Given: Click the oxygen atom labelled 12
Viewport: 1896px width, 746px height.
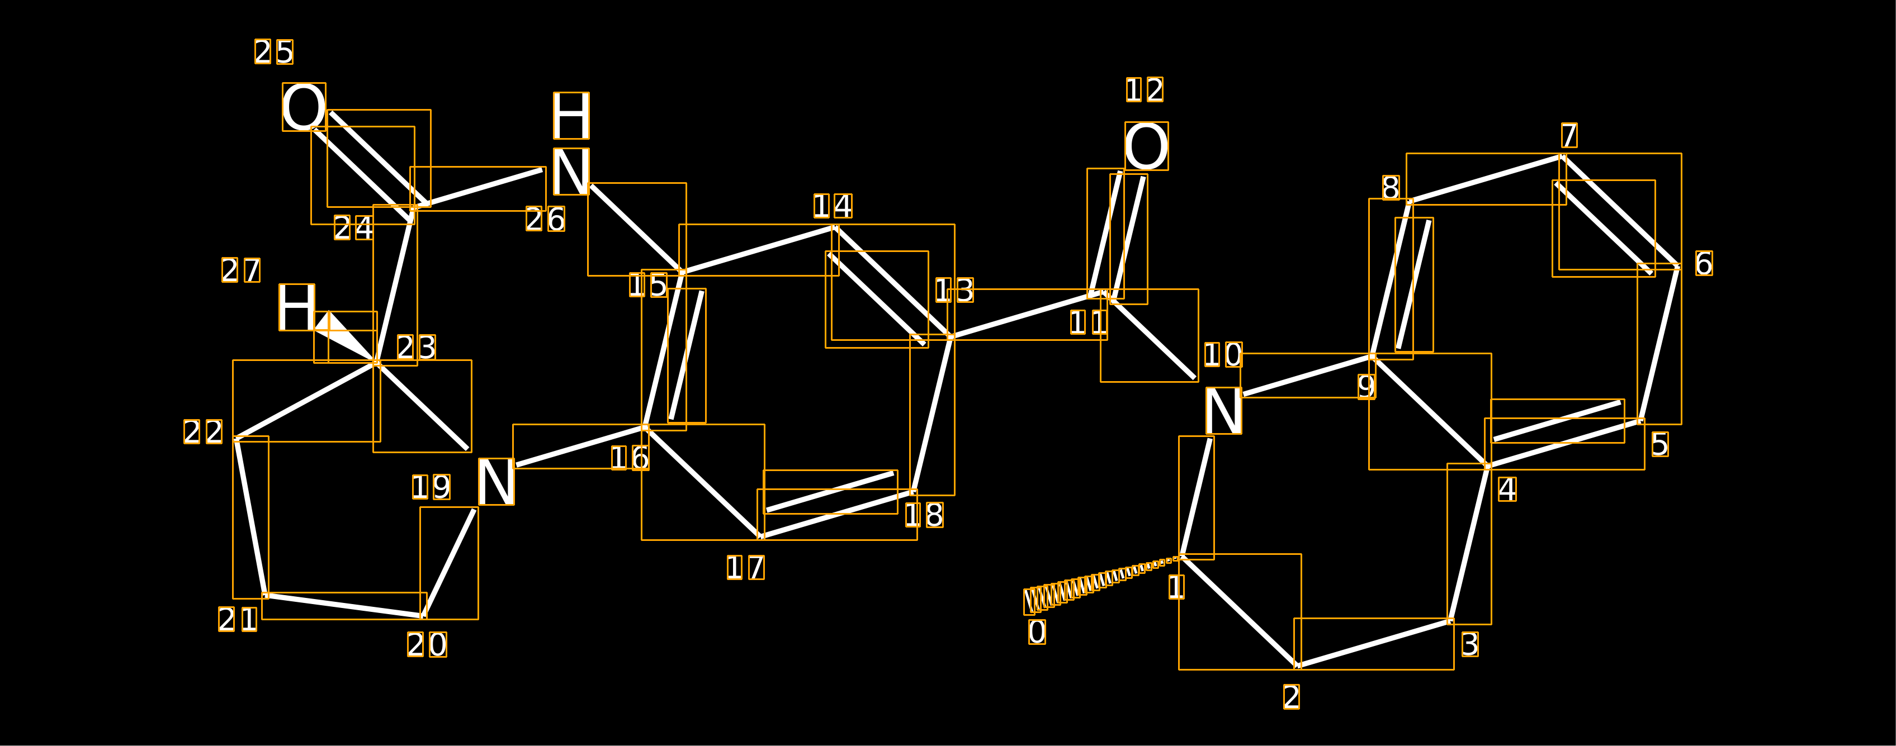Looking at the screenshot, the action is pyautogui.click(x=1146, y=146).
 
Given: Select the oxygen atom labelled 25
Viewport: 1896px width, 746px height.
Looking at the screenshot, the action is pyautogui.click(x=304, y=107).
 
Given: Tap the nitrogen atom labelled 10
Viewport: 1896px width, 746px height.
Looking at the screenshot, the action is pyautogui.click(x=1223, y=411).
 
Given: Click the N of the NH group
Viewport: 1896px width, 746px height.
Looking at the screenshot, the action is pyautogui.click(x=571, y=172).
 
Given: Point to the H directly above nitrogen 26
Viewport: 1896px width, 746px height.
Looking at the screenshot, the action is pyautogui.click(x=571, y=116).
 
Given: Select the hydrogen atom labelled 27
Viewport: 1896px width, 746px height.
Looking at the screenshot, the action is pyautogui.click(x=297, y=307).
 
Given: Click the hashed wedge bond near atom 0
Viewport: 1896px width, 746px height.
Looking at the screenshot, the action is pyautogui.click(x=1103, y=586).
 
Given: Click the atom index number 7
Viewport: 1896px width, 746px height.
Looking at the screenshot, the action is pyautogui.click(x=1569, y=135).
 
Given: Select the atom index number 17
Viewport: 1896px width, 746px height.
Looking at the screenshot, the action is pyautogui.click(x=745, y=567).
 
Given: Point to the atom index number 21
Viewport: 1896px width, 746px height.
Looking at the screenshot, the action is pyautogui.click(x=238, y=620).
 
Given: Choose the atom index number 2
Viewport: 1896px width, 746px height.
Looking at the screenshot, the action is pyautogui.click(x=1291, y=697).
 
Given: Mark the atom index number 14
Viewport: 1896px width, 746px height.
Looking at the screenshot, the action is pyautogui.click(x=833, y=206).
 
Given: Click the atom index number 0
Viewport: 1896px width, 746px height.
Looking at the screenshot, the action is pyautogui.click(x=1037, y=632).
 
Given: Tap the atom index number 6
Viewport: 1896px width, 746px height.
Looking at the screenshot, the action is pyautogui.click(x=1704, y=263).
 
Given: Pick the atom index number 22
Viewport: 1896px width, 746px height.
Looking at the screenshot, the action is pyautogui.click(x=203, y=432).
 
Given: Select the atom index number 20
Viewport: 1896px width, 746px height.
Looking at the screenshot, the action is pyautogui.click(x=428, y=644).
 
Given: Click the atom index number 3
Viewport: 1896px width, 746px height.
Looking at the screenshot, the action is pyautogui.click(x=1470, y=644).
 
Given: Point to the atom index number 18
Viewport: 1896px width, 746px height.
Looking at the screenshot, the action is pyautogui.click(x=924, y=515).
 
